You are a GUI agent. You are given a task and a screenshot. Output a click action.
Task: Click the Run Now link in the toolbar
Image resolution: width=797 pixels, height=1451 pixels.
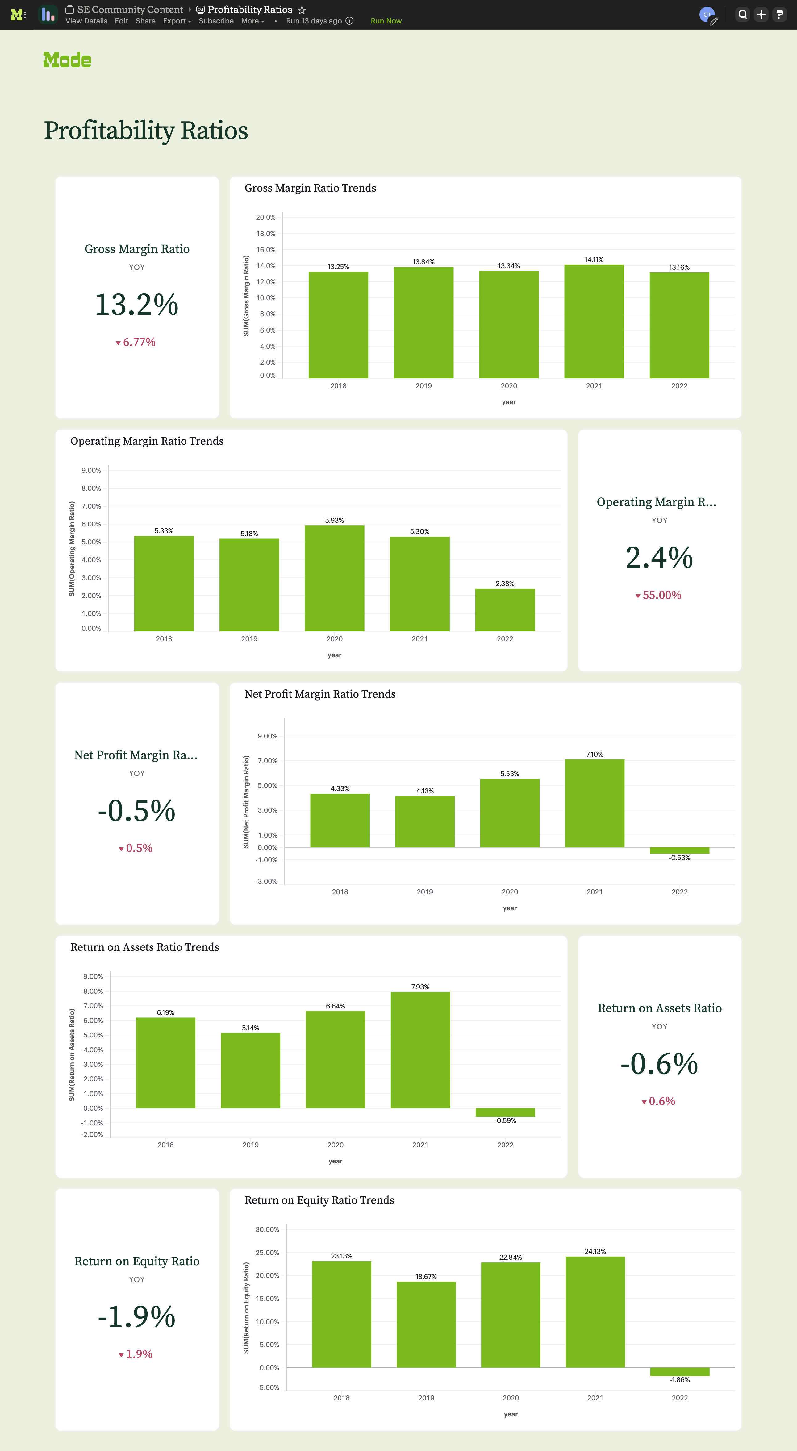pyautogui.click(x=386, y=21)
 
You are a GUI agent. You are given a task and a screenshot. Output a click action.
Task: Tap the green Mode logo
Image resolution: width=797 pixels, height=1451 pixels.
pyautogui.click(x=67, y=60)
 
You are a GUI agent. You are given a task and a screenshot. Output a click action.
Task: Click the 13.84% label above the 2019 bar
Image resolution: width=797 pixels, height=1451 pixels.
pyautogui.click(x=424, y=262)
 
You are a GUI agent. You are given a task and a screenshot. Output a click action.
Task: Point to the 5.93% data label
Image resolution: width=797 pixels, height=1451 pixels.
pyautogui.click(x=335, y=521)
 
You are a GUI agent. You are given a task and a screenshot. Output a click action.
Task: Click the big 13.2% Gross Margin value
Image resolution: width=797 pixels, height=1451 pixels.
pyautogui.click(x=137, y=305)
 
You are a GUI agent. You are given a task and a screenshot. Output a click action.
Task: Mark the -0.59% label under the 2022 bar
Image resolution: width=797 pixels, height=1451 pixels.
pyautogui.click(x=505, y=1120)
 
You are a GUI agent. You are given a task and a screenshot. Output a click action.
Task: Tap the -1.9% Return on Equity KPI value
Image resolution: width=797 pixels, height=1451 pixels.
pyautogui.click(x=137, y=1317)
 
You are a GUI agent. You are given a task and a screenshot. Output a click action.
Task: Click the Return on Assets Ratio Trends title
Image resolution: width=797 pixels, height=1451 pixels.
pyautogui.click(x=145, y=947)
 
